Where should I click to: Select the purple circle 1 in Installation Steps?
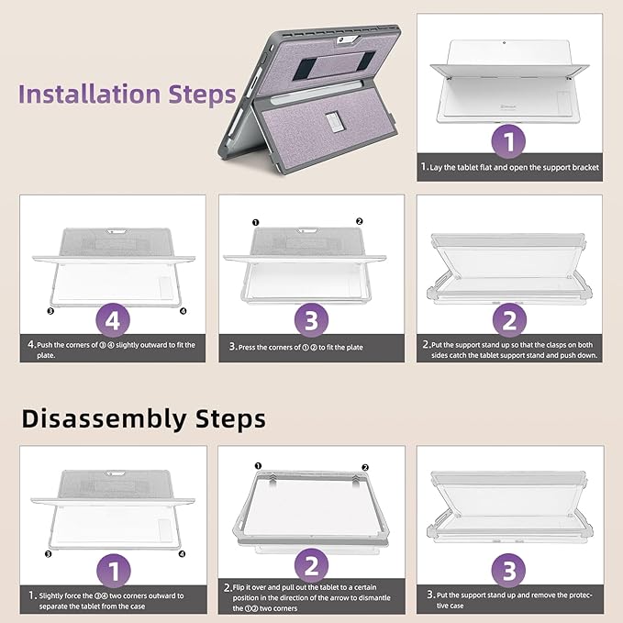509,143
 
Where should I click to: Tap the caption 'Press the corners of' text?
310,347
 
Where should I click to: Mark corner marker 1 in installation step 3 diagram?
256,221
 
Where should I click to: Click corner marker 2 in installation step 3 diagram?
359,221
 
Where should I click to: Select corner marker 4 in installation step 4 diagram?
183,311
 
